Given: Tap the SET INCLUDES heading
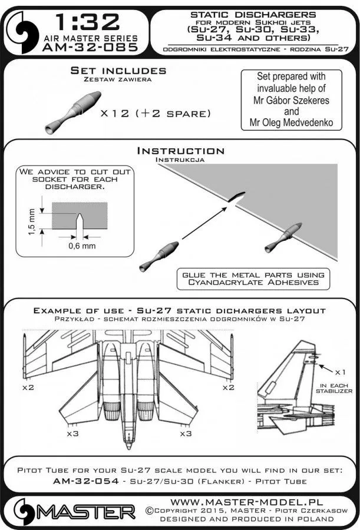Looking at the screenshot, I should (x=118, y=71).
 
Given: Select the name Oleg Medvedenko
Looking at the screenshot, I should (x=287, y=123).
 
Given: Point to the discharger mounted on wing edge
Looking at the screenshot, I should (x=285, y=233).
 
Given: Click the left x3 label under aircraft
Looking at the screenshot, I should (x=70, y=433).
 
